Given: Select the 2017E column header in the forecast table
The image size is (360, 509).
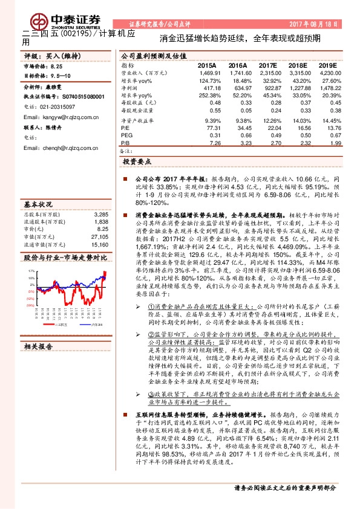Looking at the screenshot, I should tap(267, 65).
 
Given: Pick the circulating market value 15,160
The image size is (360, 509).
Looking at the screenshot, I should tap(99, 227).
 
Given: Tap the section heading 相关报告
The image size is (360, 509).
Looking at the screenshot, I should tap(38, 346).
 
